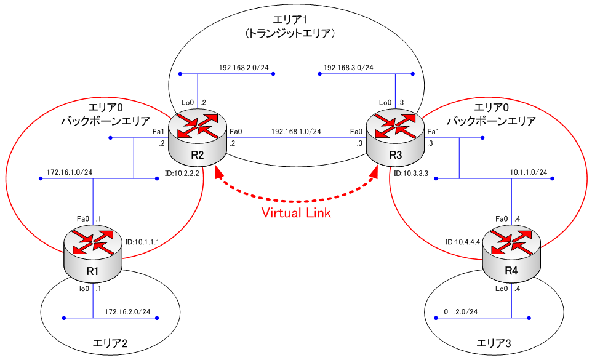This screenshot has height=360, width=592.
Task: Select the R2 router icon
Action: [x=197, y=139]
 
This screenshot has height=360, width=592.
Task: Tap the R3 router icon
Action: [x=394, y=139]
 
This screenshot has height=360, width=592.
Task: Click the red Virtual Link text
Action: [x=296, y=214]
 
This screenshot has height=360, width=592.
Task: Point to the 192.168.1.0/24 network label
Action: [x=296, y=131]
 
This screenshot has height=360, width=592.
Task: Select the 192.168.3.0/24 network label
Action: [x=348, y=68]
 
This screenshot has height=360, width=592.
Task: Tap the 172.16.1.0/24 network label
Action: [x=70, y=172]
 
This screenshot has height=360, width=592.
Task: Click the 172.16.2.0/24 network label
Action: [x=127, y=311]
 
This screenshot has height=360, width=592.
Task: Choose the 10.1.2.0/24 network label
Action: [x=458, y=311]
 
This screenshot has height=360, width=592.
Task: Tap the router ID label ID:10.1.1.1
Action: [x=142, y=242]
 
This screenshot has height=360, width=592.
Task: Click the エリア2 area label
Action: [x=109, y=343]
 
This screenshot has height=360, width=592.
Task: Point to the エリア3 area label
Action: [x=495, y=343]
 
